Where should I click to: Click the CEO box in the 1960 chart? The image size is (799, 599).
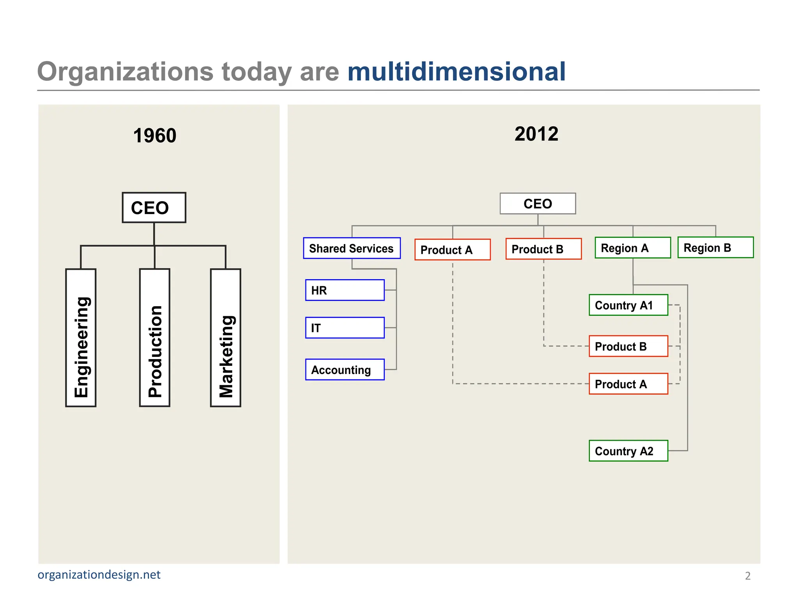pyautogui.click(x=154, y=207)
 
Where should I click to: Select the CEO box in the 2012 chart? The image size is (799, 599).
pyautogui.click(x=538, y=204)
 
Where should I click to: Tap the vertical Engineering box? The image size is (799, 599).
pyautogui.click(x=81, y=338)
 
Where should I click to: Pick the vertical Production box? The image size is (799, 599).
pyautogui.click(x=154, y=338)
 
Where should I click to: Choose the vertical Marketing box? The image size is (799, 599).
pyautogui.click(x=225, y=338)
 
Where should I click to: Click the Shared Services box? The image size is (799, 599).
pyautogui.click(x=352, y=248)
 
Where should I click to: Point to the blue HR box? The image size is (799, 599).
pyautogui.click(x=345, y=290)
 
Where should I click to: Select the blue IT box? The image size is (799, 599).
pyautogui.click(x=345, y=328)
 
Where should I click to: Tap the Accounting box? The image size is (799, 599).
pyautogui.click(x=345, y=370)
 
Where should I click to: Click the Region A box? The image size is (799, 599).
pyautogui.click(x=632, y=248)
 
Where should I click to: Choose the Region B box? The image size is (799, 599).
pyautogui.click(x=716, y=247)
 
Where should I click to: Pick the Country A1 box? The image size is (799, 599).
pyautogui.click(x=628, y=305)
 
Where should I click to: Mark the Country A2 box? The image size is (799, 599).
pyautogui.click(x=628, y=451)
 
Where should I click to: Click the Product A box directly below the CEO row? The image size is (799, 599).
pyautogui.click(x=453, y=250)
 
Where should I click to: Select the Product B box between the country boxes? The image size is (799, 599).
pyautogui.click(x=628, y=346)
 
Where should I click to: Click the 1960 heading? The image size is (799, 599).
pyautogui.click(x=154, y=136)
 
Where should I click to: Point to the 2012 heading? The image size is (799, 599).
pyautogui.click(x=536, y=134)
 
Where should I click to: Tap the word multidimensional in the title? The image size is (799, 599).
pyautogui.click(x=456, y=72)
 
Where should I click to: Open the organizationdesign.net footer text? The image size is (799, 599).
pyautogui.click(x=99, y=575)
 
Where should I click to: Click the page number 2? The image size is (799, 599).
pyautogui.click(x=748, y=576)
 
